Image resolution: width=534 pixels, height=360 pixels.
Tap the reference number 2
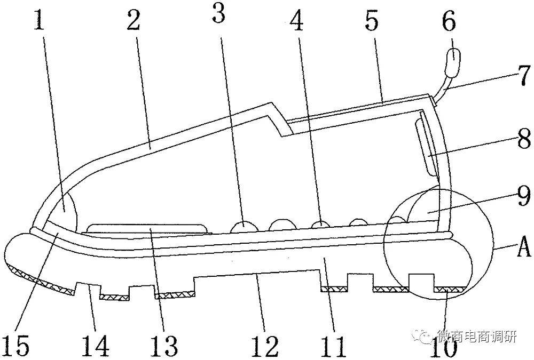pos(134,20)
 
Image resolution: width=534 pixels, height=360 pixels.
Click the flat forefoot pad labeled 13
pos(147,229)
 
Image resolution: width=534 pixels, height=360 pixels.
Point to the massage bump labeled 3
pos(244,227)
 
